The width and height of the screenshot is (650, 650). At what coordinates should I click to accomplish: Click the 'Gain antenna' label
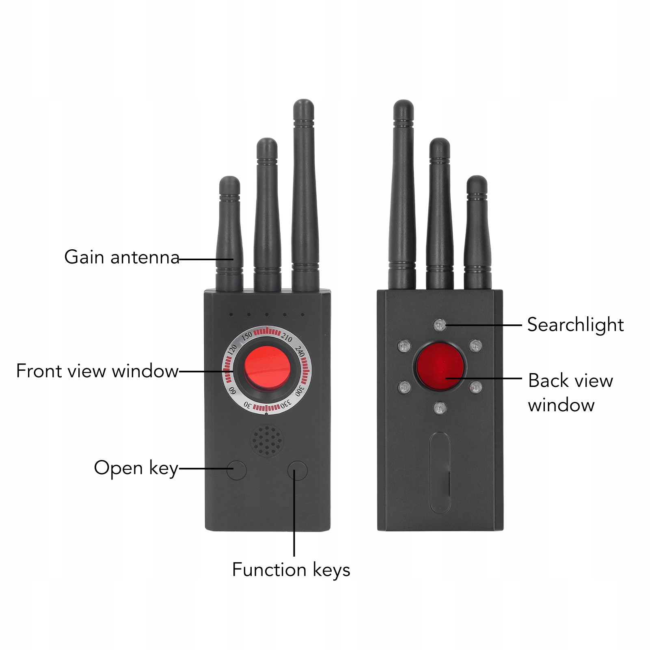coord(122,257)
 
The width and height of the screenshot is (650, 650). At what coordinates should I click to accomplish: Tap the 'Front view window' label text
coord(97,371)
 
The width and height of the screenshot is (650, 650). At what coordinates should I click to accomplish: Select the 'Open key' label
coord(136,468)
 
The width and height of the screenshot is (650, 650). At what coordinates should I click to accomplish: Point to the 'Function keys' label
coord(291,570)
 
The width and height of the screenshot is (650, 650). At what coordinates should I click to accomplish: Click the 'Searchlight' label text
coord(575,325)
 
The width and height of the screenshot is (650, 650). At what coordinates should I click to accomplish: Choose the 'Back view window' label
coord(570,393)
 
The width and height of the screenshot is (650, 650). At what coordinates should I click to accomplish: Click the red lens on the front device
coord(267,367)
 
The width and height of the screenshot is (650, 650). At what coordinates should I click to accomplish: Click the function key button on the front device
coord(297,471)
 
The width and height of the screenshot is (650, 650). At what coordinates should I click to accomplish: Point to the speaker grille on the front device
coord(266,441)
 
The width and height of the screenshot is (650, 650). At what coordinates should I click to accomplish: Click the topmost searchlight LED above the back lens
coord(439,325)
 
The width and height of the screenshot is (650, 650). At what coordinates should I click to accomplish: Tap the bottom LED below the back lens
coord(439,408)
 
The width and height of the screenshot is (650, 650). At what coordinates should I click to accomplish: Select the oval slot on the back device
coord(440,472)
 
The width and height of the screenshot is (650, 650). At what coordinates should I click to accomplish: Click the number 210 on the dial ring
coord(287,338)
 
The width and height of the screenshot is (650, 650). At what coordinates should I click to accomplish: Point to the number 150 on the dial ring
coord(247,337)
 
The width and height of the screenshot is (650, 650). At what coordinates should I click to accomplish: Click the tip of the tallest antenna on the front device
coord(304,105)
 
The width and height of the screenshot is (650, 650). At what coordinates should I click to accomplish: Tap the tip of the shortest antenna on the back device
coord(477,181)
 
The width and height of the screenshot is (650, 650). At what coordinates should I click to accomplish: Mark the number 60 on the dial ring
coord(232,391)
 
